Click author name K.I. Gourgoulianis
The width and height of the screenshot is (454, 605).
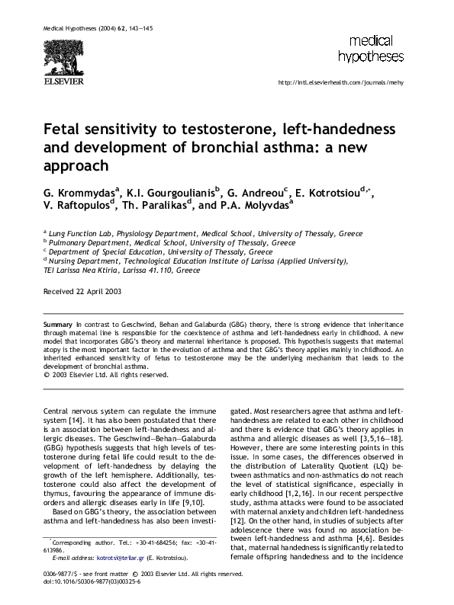pyautogui.click(x=171, y=190)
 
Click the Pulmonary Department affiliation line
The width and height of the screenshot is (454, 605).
pyautogui.click(x=171, y=242)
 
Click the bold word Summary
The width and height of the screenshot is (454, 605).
pyautogui.click(x=59, y=325)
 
